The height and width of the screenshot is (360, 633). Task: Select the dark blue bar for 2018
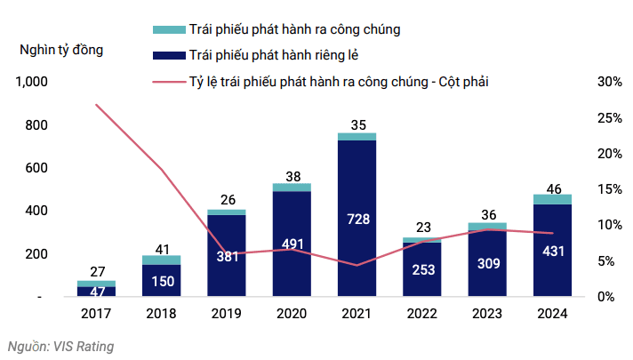(161, 280)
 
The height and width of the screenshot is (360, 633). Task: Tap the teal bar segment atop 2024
(553, 199)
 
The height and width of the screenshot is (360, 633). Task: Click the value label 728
(357, 217)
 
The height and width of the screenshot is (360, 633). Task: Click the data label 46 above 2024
(553, 188)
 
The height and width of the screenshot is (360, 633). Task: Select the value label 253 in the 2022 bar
(422, 270)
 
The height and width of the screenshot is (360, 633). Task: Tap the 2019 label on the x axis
(226, 314)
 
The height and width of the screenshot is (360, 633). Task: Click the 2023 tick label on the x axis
(488, 314)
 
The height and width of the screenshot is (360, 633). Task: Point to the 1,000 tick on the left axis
(30, 83)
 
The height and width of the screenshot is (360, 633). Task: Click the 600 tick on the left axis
(36, 169)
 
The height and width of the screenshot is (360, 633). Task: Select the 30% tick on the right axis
(610, 83)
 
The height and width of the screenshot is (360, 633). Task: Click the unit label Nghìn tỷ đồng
(61, 50)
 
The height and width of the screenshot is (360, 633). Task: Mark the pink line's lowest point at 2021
(357, 265)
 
